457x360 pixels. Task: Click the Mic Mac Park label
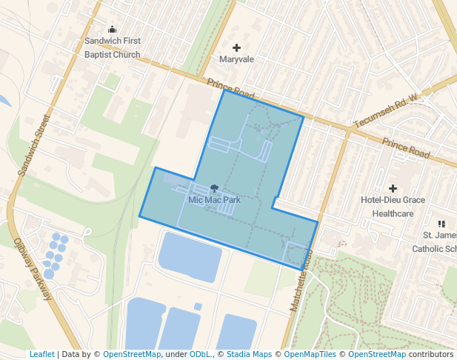tap(214, 199)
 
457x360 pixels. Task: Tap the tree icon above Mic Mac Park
tap(214, 188)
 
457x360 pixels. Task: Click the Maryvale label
tap(237, 59)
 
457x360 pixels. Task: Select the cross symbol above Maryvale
tap(237, 47)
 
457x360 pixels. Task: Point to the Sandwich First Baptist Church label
tap(112, 48)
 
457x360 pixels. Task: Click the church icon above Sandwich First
tap(113, 30)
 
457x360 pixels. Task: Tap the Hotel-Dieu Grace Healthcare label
tap(393, 207)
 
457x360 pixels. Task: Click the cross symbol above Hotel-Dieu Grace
tap(393, 188)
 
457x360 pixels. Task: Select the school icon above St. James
tap(441, 223)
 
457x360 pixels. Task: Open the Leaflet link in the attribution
tap(41, 355)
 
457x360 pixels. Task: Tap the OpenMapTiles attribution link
tap(310, 355)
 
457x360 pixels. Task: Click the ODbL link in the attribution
tap(200, 355)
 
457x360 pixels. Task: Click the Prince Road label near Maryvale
tap(231, 90)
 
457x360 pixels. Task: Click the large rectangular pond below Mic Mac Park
tap(190, 257)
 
